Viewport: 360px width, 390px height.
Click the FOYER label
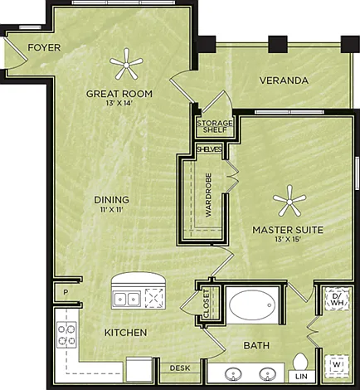[44, 47]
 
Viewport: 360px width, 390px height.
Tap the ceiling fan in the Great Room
[126, 64]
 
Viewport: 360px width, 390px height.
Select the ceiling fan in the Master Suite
[289, 201]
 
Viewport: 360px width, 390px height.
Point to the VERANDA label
[284, 80]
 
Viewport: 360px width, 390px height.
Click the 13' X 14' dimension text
[119, 103]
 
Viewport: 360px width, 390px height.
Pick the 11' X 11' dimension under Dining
[111, 210]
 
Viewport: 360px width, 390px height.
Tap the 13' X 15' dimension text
[288, 240]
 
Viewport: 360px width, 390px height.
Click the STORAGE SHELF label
[215, 126]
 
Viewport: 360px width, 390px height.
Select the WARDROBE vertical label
[208, 195]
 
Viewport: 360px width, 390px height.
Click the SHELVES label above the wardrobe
[209, 149]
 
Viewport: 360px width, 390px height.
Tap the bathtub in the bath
[252, 305]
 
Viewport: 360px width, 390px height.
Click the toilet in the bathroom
[300, 362]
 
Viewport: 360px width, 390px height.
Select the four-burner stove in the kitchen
[66, 334]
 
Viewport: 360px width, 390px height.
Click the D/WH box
[337, 299]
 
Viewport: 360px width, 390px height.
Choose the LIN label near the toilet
[301, 377]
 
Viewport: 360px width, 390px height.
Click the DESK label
[180, 368]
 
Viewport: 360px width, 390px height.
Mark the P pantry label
[66, 292]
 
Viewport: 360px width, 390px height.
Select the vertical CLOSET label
[207, 304]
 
